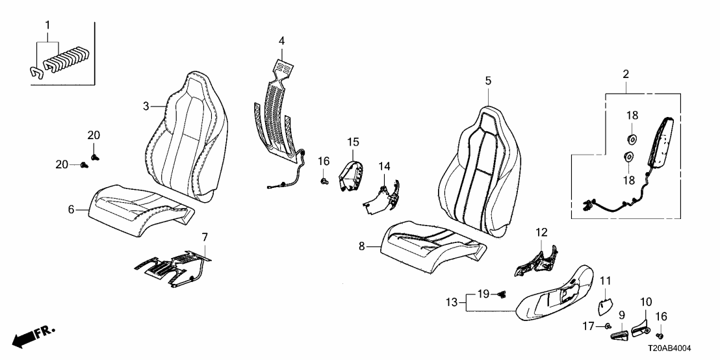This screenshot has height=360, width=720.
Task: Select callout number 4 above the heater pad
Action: click(281, 41)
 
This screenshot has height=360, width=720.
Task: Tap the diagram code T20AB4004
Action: click(669, 349)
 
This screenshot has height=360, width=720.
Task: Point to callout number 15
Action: click(353, 142)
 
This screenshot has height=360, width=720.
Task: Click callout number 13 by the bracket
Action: click(452, 302)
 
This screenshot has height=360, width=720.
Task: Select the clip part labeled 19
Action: click(502, 294)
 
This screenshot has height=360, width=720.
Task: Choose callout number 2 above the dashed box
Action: click(626, 74)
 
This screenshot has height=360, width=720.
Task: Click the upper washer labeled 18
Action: click(632, 137)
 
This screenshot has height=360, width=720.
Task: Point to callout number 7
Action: click(205, 237)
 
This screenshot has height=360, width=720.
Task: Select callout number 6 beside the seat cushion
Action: click(71, 210)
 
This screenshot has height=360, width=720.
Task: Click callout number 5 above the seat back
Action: click(488, 81)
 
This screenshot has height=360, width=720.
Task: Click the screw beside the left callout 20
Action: click(84, 164)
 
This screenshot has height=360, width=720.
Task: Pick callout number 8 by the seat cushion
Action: click(362, 246)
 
